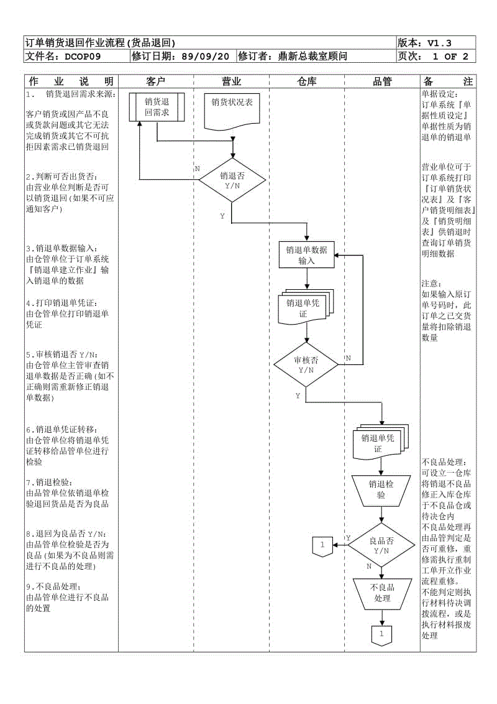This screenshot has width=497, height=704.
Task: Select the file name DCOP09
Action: pos(83,57)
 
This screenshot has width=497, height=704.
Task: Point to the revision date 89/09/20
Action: pos(205,57)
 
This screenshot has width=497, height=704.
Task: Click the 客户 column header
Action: pos(156,81)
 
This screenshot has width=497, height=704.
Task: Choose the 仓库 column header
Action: pos(307,81)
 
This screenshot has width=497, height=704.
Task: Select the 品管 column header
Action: pos(382,81)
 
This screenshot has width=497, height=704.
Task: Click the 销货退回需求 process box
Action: pos(157,107)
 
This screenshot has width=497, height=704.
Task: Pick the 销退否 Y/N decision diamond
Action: pos(232,180)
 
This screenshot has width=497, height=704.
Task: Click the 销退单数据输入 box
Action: pos(306,255)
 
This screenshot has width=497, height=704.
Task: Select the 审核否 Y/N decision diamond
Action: pos(306,364)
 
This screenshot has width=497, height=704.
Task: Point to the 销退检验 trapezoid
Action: pos(381,489)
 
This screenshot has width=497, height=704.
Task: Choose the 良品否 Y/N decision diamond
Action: pos(381,545)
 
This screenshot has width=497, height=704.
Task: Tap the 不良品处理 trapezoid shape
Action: pos(382,593)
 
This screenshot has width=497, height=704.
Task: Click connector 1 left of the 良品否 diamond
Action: pos(322,545)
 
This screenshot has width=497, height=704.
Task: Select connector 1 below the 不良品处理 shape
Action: pos(381,635)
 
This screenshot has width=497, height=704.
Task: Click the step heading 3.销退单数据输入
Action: pos(62,248)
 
